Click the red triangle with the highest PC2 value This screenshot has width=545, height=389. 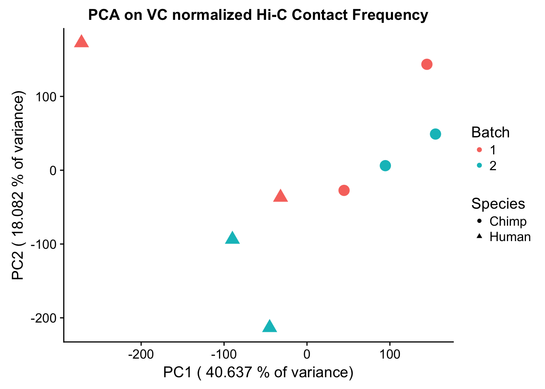(82, 42)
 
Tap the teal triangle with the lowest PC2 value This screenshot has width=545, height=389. (270, 327)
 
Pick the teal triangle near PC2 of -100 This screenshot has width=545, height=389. (232, 238)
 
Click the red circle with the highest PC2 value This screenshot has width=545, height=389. (427, 64)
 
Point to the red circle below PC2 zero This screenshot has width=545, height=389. (344, 190)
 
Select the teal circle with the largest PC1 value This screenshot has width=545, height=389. (435, 134)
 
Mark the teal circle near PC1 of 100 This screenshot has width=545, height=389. (385, 166)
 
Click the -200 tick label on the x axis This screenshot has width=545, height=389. (141, 355)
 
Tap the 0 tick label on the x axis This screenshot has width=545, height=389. (307, 355)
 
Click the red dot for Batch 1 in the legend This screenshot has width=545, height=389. (479, 150)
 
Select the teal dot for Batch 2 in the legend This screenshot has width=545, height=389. (479, 166)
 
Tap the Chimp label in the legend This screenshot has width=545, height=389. (508, 221)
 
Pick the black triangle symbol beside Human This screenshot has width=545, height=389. (479, 236)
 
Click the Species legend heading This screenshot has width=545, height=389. (498, 204)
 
